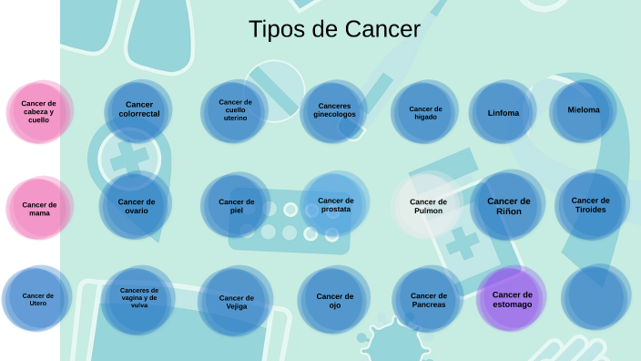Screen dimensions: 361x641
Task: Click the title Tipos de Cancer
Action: (334, 30)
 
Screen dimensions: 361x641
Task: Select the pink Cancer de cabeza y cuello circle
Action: (39, 112)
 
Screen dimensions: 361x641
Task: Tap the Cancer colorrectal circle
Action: (139, 110)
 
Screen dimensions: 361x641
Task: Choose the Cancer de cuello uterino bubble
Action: (235, 110)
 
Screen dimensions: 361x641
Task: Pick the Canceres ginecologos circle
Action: (334, 110)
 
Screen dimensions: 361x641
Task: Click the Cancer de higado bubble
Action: (424, 113)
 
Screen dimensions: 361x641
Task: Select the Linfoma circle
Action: (503, 113)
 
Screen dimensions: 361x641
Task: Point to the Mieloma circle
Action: (584, 110)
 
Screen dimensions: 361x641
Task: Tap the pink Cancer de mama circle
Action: (39, 209)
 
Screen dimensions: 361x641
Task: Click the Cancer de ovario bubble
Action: (137, 206)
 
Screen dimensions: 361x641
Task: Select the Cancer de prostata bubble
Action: (336, 204)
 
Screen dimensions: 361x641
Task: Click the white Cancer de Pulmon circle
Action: (428, 206)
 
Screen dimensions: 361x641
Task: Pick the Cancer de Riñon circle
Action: (508, 205)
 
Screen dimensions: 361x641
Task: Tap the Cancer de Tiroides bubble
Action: (591, 204)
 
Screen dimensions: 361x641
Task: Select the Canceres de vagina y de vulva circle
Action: (138, 298)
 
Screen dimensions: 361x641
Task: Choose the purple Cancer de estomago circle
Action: (512, 298)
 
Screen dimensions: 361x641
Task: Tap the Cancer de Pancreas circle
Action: (428, 299)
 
